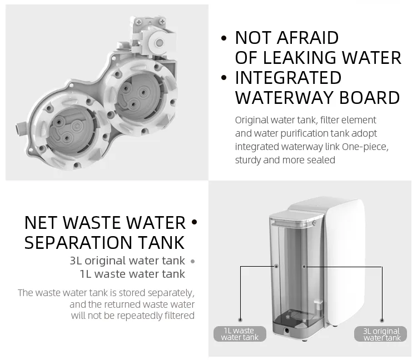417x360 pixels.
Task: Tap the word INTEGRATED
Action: coord(288,77)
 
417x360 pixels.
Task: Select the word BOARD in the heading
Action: coord(371,97)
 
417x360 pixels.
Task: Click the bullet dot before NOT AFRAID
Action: coord(224,38)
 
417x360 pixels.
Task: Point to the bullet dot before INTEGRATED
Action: coord(224,78)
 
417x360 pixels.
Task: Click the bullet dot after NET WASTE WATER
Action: coord(194,223)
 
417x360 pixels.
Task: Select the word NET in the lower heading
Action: coord(41,223)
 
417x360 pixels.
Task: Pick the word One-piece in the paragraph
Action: coord(368,147)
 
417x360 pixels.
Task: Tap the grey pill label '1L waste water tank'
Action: coord(240,334)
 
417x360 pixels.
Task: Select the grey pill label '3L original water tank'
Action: coord(381,334)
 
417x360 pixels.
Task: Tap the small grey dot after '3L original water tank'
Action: coord(192,261)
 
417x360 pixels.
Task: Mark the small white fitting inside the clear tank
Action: coord(318,306)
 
